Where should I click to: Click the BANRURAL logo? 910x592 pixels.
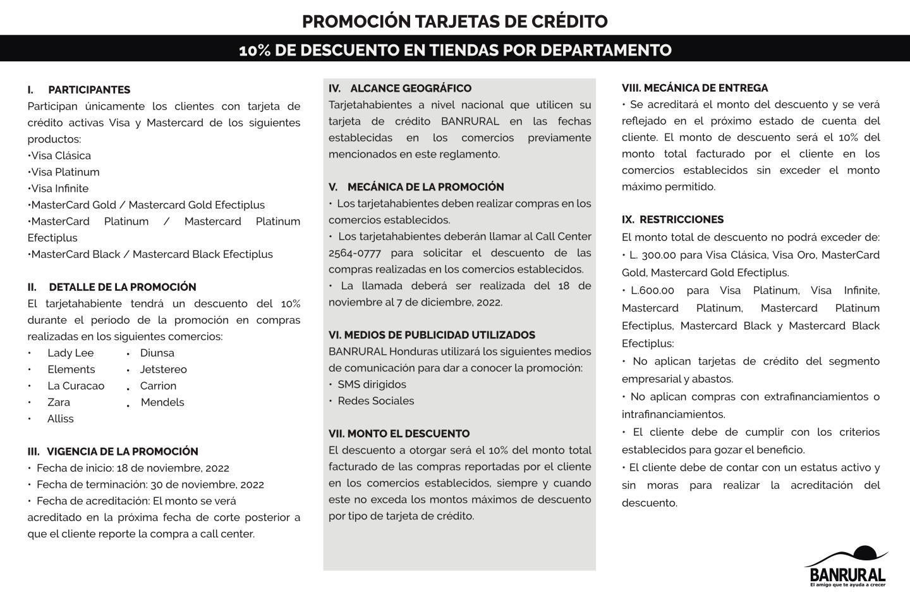847,566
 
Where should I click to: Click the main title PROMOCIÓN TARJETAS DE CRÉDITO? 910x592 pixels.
454,22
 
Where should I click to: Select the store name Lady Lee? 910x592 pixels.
70,353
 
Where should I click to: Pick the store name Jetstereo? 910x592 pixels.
163,369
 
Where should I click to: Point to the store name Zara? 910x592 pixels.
59,402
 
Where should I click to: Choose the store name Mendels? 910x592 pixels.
162,402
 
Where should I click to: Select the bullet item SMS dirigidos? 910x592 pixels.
372,385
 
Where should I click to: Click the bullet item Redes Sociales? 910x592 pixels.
375,401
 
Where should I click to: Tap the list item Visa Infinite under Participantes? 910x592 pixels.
59,188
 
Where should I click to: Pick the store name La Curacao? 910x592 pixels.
76,386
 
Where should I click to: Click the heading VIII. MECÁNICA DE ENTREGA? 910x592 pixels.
695,89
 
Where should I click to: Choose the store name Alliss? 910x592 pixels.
60,419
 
